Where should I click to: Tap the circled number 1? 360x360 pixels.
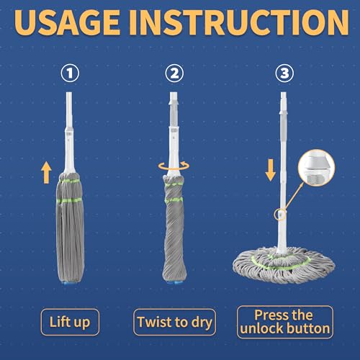tap(70, 73)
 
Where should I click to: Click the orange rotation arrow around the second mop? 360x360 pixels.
tap(176, 166)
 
